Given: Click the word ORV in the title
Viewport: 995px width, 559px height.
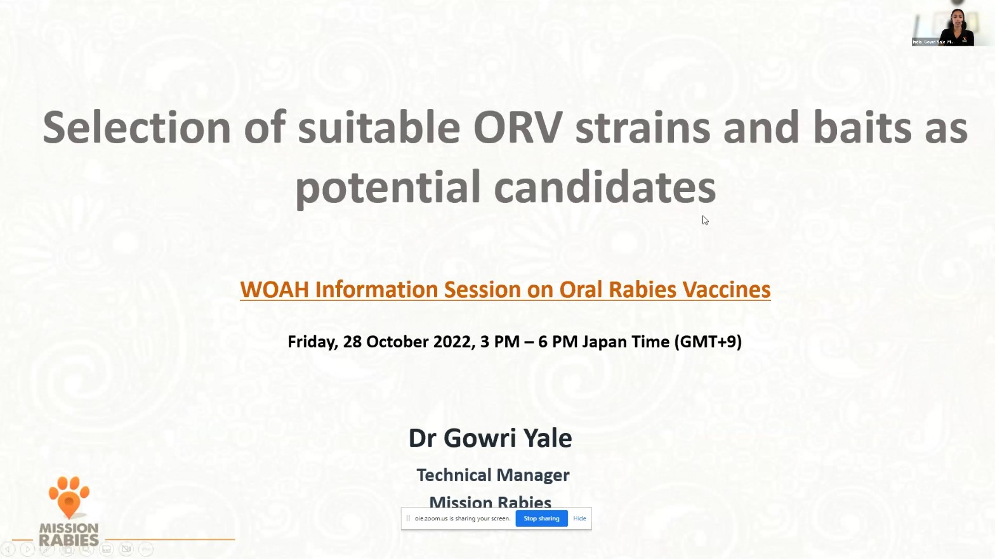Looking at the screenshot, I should (517, 128).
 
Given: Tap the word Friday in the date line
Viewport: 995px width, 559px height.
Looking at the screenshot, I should (312, 342).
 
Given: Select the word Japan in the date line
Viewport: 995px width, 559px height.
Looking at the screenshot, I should (603, 342).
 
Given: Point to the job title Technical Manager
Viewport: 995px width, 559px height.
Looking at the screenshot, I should (492, 475).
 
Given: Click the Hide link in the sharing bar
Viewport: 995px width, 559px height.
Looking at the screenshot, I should (579, 518).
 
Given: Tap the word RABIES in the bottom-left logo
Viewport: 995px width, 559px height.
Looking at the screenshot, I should (69, 540).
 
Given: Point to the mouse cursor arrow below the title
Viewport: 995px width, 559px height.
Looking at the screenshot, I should (704, 219).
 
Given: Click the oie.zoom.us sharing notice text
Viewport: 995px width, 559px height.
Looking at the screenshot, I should (462, 518).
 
